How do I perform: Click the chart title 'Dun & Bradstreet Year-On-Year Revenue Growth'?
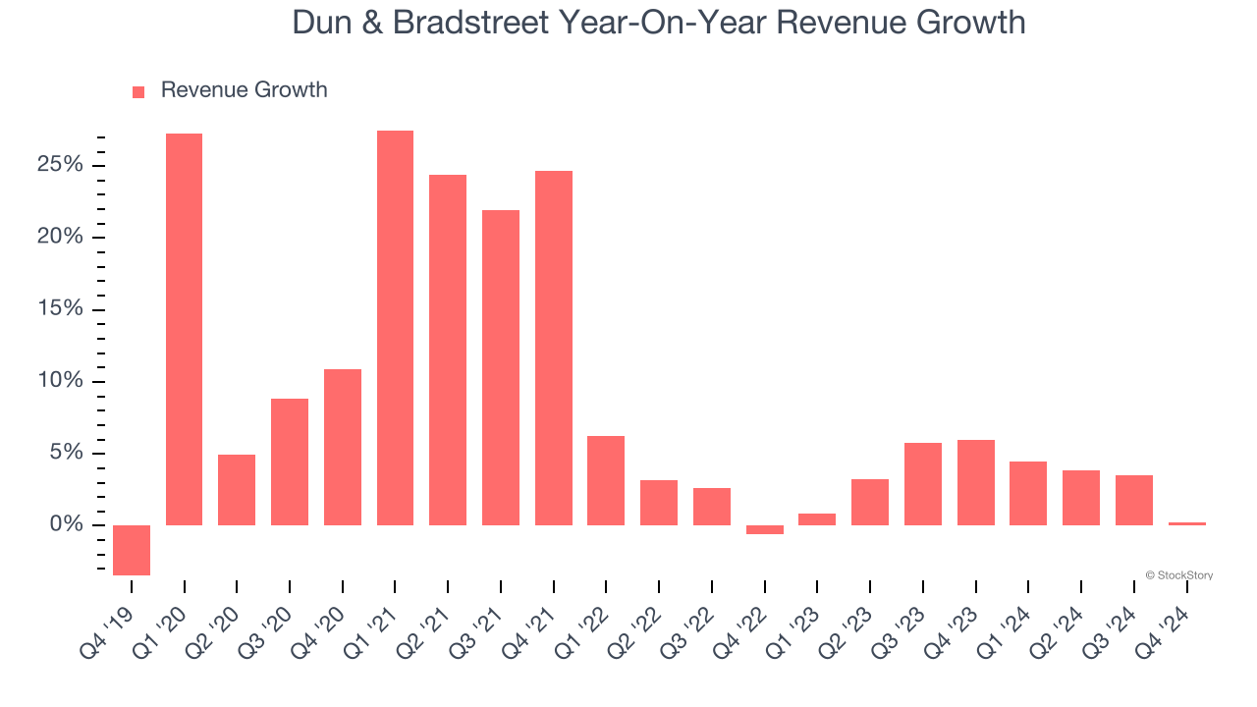pos(658,22)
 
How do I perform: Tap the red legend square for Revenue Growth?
pos(138,91)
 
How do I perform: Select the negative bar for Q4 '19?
pos(132,550)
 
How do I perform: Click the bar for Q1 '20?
pos(184,329)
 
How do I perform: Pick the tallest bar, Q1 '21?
pos(395,328)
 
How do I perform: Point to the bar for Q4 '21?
pos(554,348)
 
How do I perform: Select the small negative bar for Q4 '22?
pos(765,529)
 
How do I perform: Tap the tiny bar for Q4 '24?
pos(1187,523)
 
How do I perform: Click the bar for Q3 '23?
pos(923,484)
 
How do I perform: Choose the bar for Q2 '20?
pos(237,490)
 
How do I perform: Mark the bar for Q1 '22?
pos(606,480)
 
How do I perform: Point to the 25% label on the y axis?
pos(60,165)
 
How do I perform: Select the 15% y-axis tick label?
pos(60,309)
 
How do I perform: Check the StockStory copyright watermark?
pos(1178,575)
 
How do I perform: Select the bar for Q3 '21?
pos(501,367)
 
